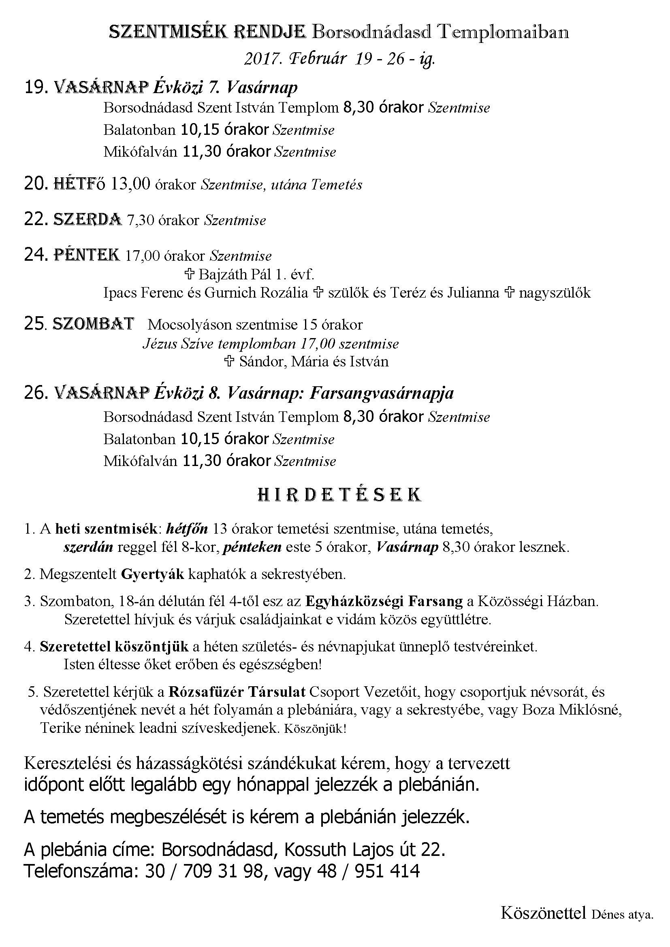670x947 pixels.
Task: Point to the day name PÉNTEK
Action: click(87, 255)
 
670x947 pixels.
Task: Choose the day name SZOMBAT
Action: click(93, 324)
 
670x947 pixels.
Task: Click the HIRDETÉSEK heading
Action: click(339, 494)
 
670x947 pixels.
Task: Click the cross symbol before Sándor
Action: click(229, 362)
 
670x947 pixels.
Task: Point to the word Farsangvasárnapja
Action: click(381, 393)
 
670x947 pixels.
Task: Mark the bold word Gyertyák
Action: click(152, 574)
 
